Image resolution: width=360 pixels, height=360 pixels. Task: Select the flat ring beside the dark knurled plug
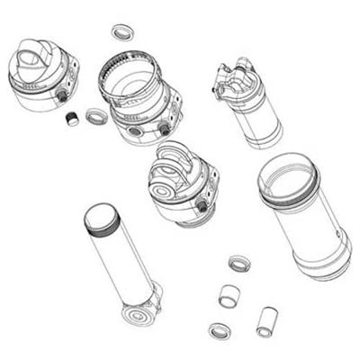pos(95,116)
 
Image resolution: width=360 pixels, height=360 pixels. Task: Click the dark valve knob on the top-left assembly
pos(62,94)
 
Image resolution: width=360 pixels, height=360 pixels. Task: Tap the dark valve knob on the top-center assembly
pos(164,129)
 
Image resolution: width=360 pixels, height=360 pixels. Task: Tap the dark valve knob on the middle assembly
pos(202,206)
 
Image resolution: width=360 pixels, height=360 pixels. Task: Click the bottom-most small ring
pos(219,330)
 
